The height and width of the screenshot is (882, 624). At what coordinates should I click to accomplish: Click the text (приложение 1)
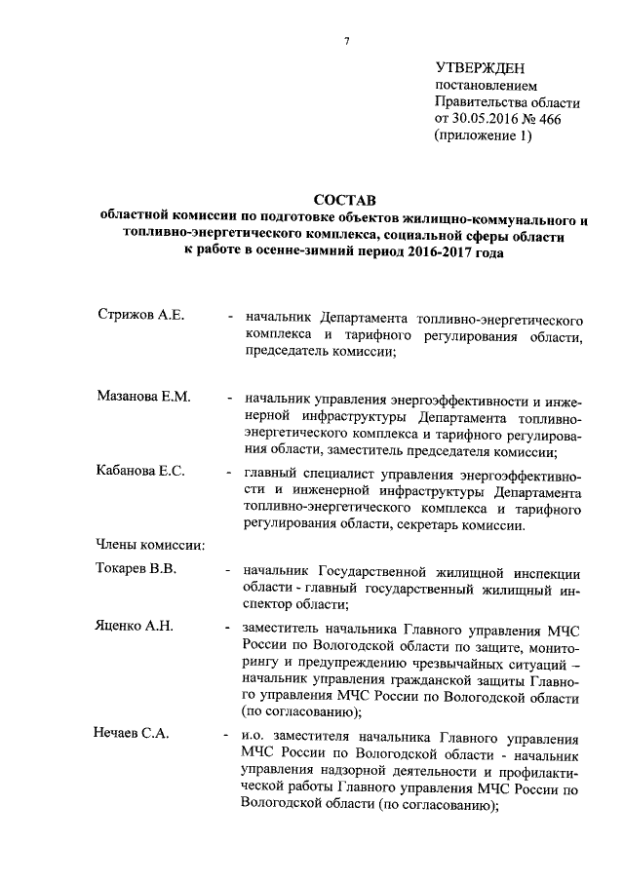click(484, 136)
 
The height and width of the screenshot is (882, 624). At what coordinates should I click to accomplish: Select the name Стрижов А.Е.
click(140, 318)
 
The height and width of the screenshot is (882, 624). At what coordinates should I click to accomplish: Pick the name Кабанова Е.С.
click(141, 472)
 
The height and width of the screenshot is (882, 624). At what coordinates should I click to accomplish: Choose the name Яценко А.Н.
click(135, 625)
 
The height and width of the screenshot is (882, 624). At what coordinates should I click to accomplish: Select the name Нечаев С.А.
click(132, 734)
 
